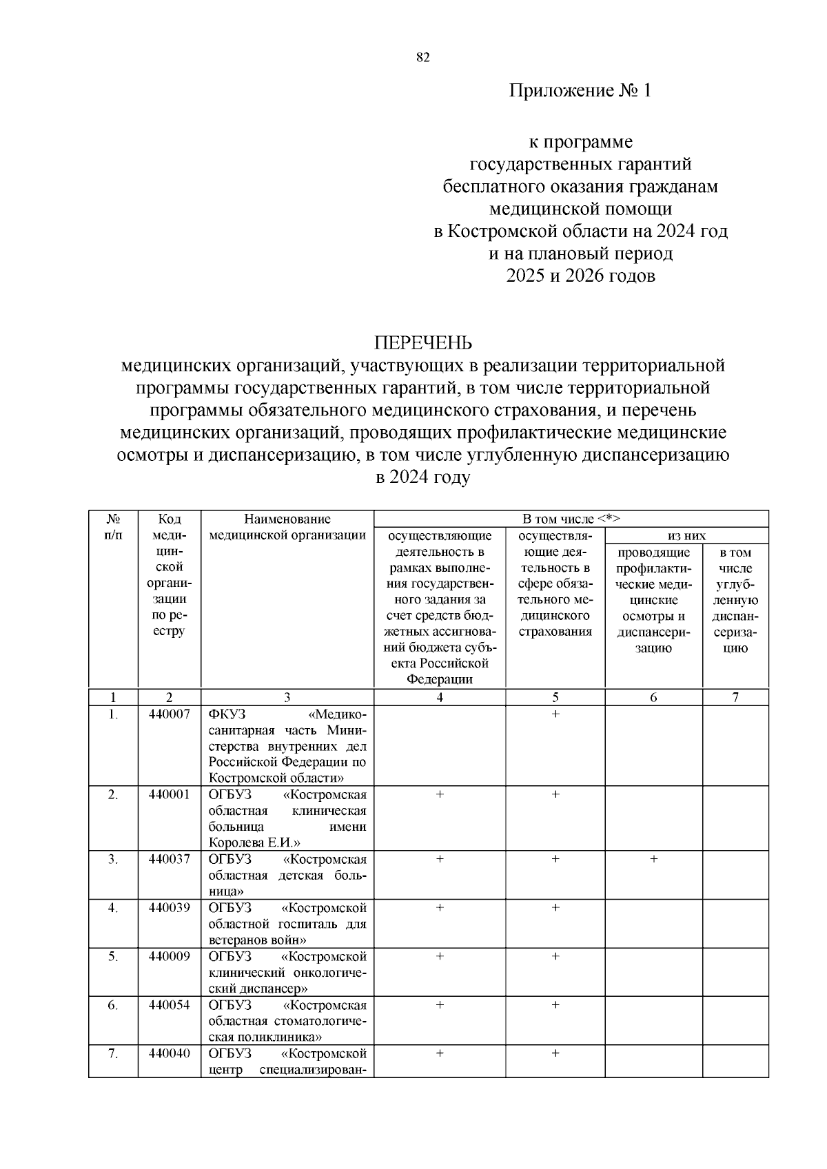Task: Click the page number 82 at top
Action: tap(423, 58)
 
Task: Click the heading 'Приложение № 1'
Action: tap(580, 91)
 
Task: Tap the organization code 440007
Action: tap(169, 714)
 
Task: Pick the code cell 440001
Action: tap(169, 795)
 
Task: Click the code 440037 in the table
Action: tap(169, 860)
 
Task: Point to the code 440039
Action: tap(169, 908)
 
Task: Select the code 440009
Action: tap(169, 957)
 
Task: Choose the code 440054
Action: tap(169, 1005)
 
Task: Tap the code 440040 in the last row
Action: tap(169, 1054)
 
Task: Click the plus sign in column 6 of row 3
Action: tap(653, 860)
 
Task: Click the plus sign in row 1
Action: tap(555, 714)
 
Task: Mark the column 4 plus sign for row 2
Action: tap(440, 795)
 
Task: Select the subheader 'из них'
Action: tap(686, 536)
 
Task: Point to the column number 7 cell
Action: tap(735, 697)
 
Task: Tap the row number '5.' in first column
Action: tap(113, 957)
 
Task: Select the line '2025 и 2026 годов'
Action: tap(580, 276)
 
